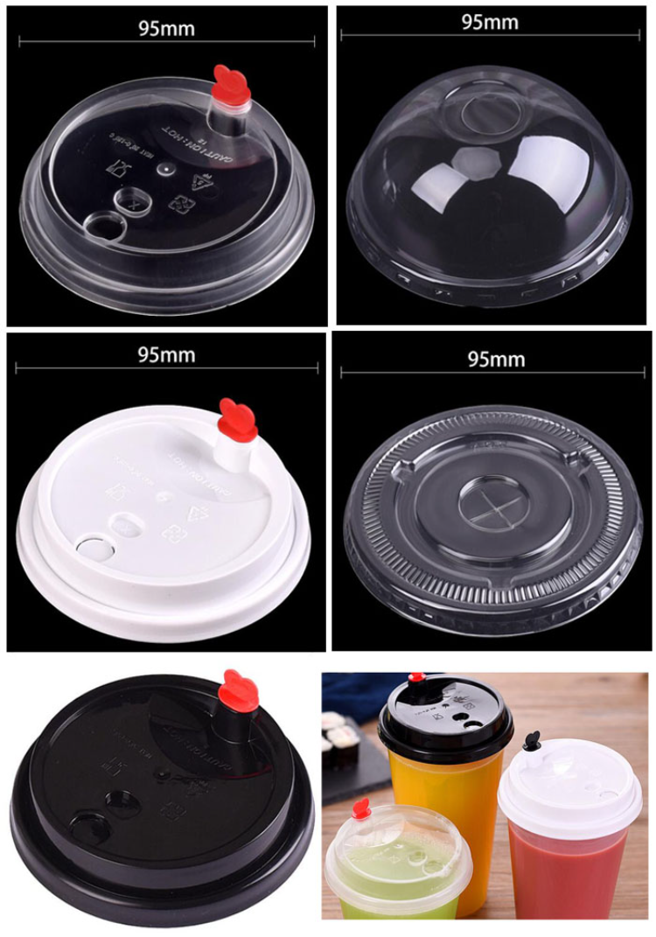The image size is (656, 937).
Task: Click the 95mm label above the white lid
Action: click(166, 355)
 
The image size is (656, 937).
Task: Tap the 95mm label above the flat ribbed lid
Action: click(496, 360)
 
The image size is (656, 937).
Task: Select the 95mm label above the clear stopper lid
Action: click(166, 28)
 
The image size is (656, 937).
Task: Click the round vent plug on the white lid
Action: click(91, 550)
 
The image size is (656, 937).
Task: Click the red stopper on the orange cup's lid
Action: click(417, 678)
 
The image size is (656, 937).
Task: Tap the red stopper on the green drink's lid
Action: click(360, 808)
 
